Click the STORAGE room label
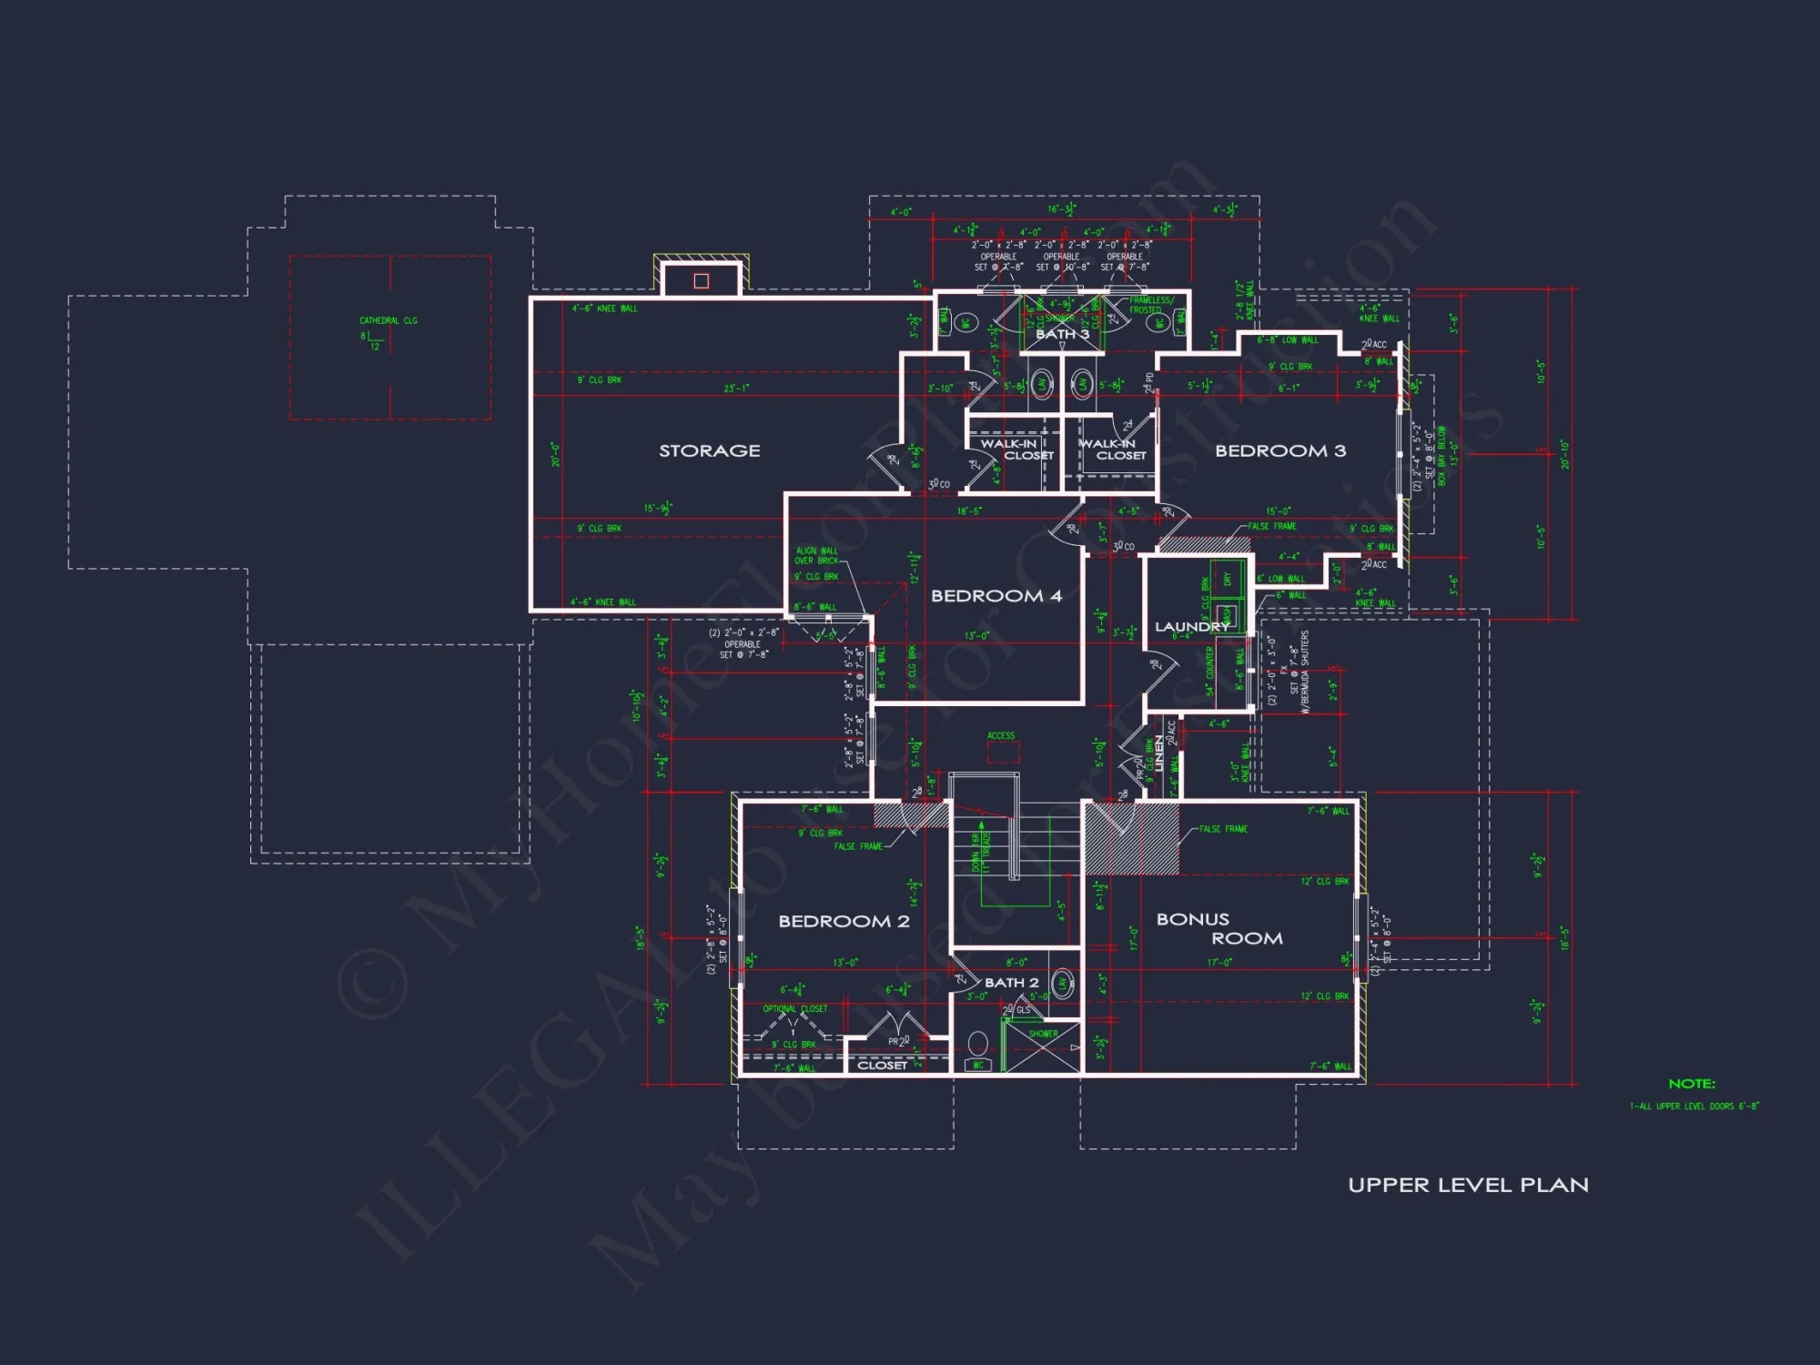click(x=709, y=450)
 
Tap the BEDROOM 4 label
click(x=996, y=596)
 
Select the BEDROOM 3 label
click(x=1279, y=450)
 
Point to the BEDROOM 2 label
click(x=844, y=921)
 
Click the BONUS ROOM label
click(x=1218, y=928)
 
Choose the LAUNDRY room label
click(x=1191, y=627)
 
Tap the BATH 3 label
click(x=1062, y=334)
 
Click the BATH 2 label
click(x=1011, y=983)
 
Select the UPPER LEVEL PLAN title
click(x=1468, y=1185)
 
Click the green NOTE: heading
click(x=1692, y=1084)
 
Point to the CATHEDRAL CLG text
click(x=389, y=320)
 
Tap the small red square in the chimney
click(x=701, y=281)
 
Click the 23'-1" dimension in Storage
click(x=736, y=389)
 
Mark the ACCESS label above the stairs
click(x=1001, y=735)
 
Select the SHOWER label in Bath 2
click(x=1043, y=1034)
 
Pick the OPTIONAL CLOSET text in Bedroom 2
click(x=794, y=1008)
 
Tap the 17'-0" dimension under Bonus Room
click(x=1219, y=962)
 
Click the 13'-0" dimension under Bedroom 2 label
click(x=844, y=962)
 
